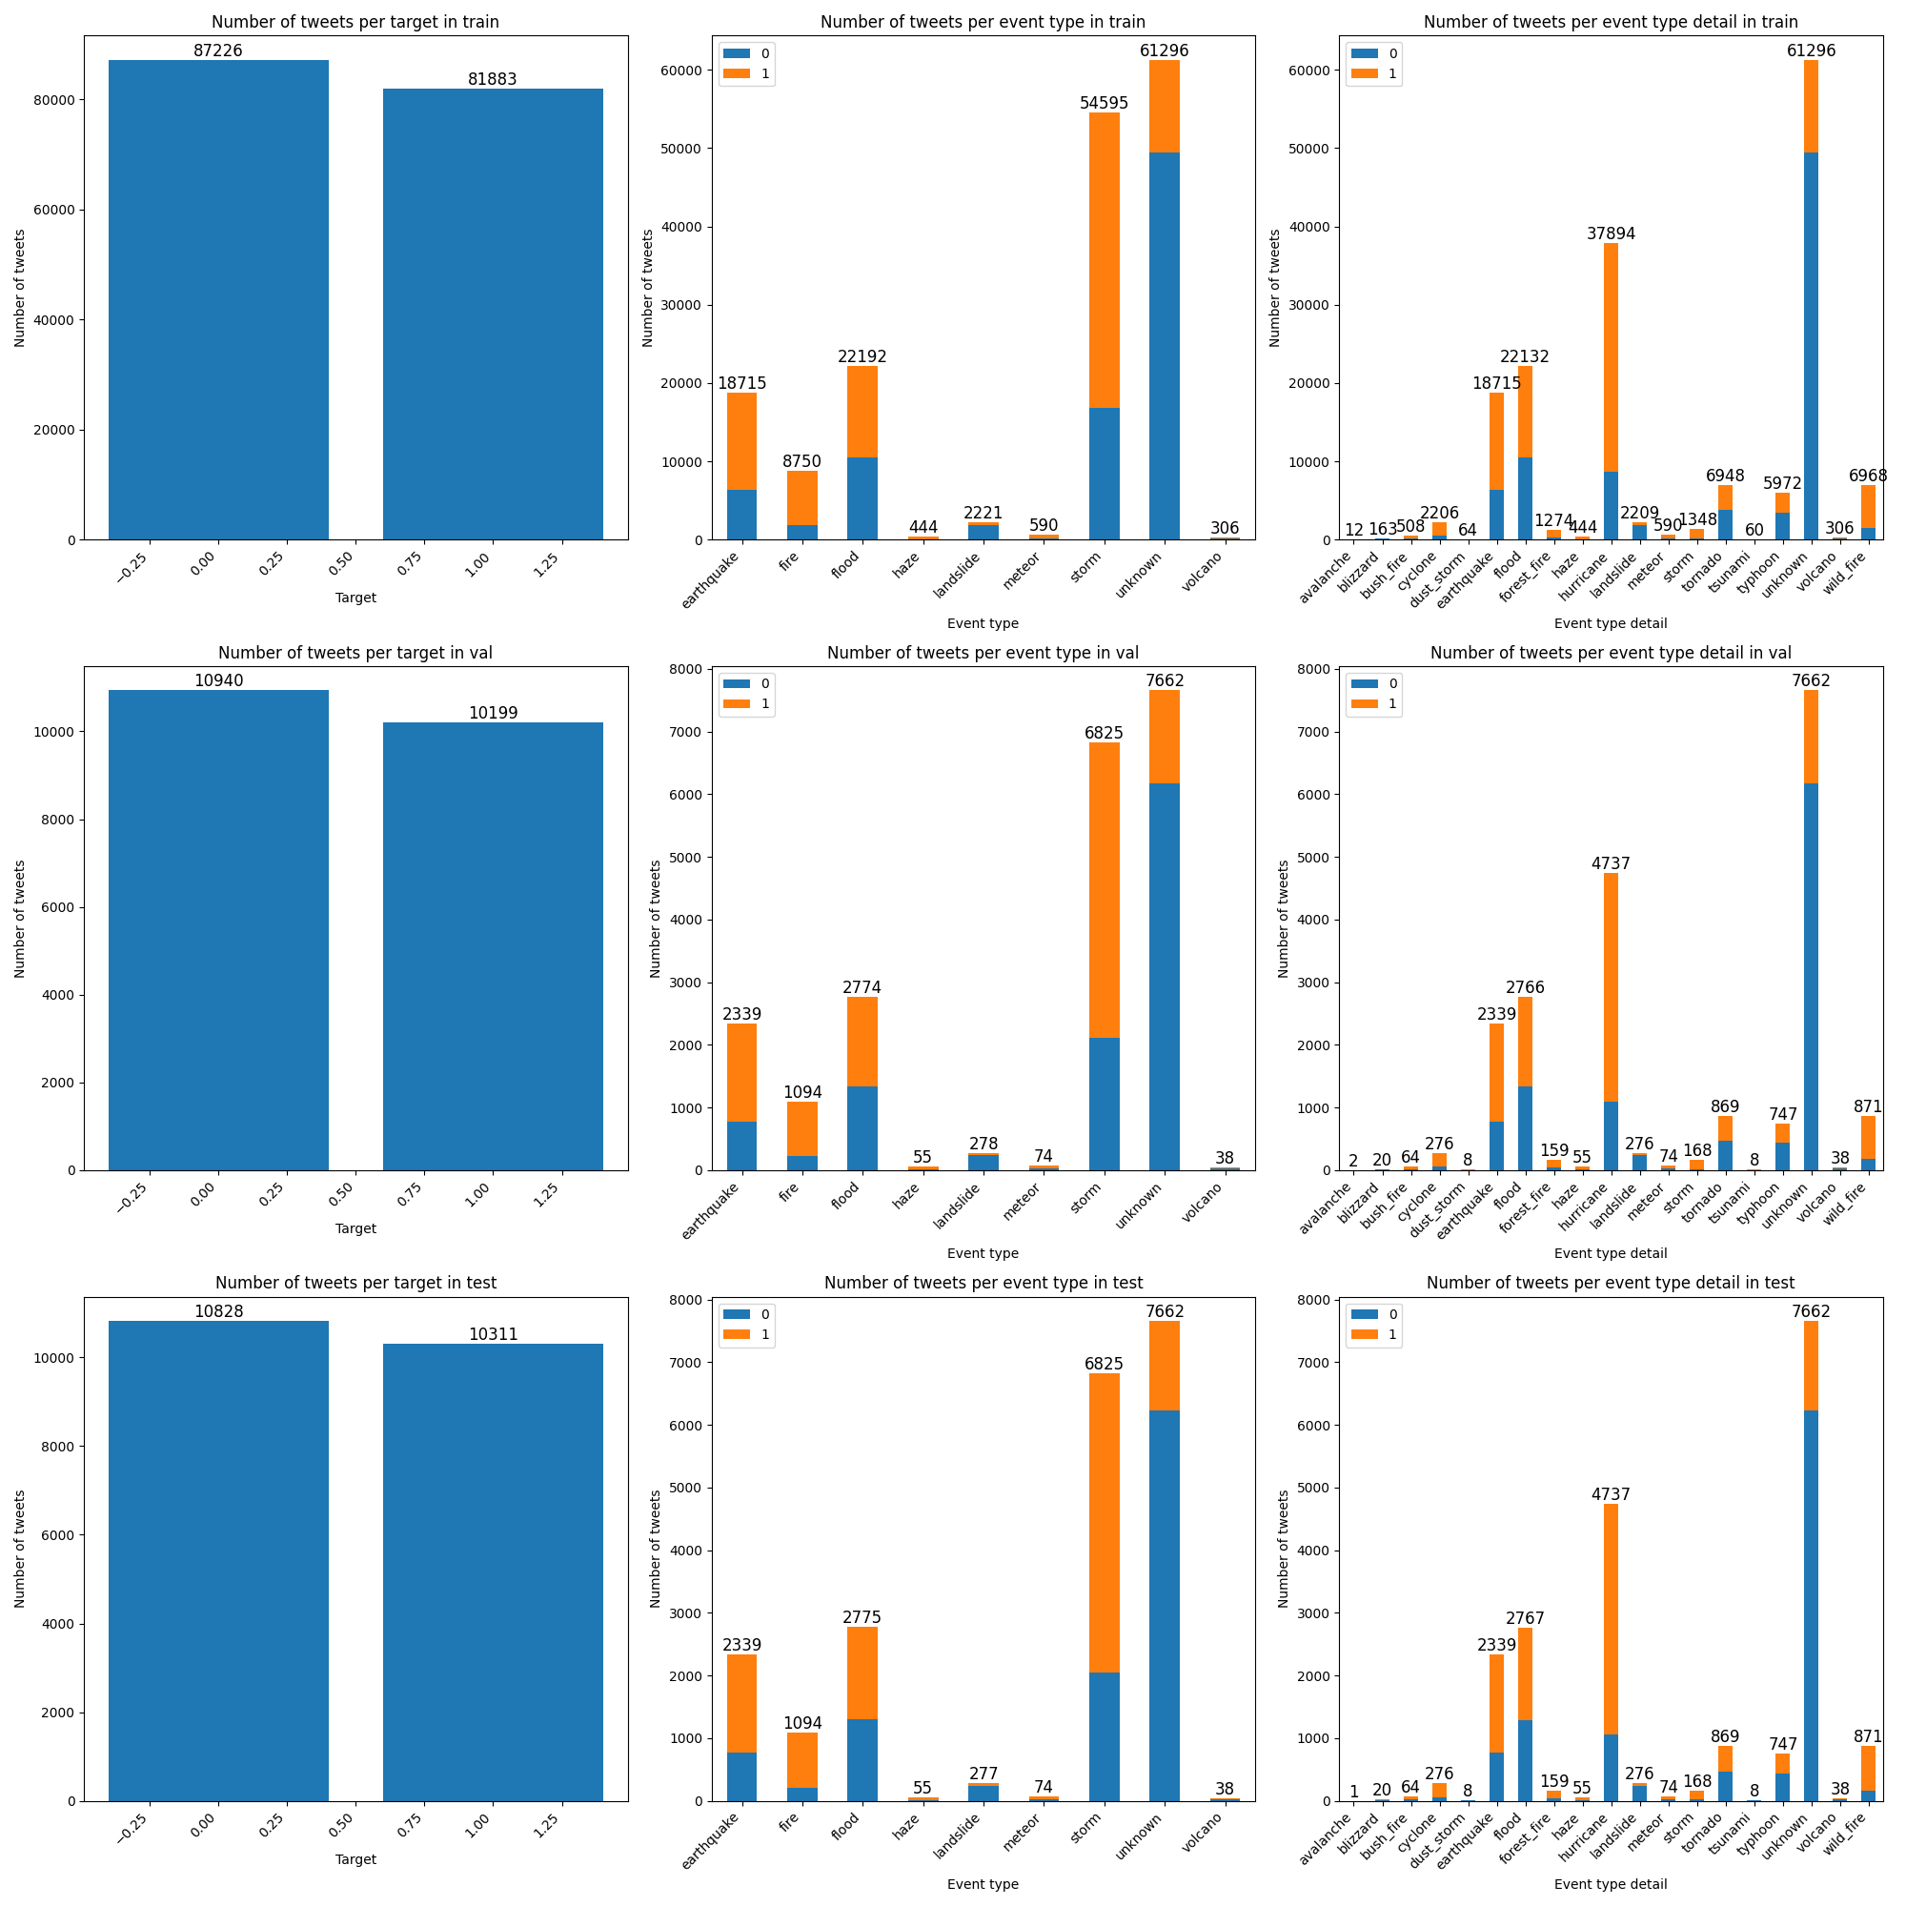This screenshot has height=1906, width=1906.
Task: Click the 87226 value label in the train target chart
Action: click(x=217, y=51)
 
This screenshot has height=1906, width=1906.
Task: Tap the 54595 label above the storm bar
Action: click(x=1103, y=103)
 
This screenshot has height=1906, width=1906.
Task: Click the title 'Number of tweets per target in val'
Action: click(x=355, y=652)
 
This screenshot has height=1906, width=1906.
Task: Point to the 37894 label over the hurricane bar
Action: click(x=1610, y=233)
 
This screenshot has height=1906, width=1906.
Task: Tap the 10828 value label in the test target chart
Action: click(x=218, y=1311)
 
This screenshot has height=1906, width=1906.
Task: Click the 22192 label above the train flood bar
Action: click(x=862, y=356)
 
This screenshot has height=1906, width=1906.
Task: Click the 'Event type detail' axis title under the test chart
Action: click(x=1610, y=1883)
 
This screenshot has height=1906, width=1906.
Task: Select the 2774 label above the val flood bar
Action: click(x=862, y=987)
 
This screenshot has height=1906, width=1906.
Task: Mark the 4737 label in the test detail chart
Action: click(x=1610, y=1494)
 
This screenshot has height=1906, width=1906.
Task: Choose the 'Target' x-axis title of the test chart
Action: click(x=355, y=1858)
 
